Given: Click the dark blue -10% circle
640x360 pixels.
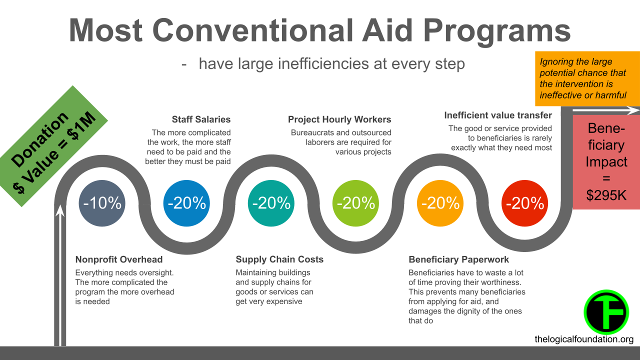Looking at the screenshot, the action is (102, 203).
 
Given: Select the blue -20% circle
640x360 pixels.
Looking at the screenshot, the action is (186, 203).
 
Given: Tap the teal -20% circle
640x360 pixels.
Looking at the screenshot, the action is (271, 203).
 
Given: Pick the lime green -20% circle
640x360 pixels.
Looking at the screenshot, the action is (355, 203).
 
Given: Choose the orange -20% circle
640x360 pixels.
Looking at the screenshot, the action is (440, 203).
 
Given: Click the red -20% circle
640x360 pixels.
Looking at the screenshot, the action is (525, 203).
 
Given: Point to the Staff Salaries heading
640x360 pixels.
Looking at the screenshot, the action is (201, 119).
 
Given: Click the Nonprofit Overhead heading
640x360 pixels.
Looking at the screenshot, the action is (119, 259).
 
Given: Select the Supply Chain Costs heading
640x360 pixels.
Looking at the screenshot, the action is (279, 259).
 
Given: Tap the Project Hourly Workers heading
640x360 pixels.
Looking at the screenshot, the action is (339, 119).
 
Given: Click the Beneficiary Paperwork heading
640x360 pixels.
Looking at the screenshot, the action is (458, 259).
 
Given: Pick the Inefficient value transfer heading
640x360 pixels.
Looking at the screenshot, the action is (498, 115).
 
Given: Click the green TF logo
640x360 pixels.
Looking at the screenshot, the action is (606, 312).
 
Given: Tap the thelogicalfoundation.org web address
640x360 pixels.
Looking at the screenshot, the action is (584, 339).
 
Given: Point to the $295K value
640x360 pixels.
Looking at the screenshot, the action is (606, 195).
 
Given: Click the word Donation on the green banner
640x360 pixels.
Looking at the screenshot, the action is (40, 139).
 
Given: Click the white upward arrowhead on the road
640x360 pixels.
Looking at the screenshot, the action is (60, 210).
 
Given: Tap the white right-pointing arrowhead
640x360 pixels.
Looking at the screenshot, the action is (633, 110).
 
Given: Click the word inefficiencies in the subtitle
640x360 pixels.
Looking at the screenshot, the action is (323, 63).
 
